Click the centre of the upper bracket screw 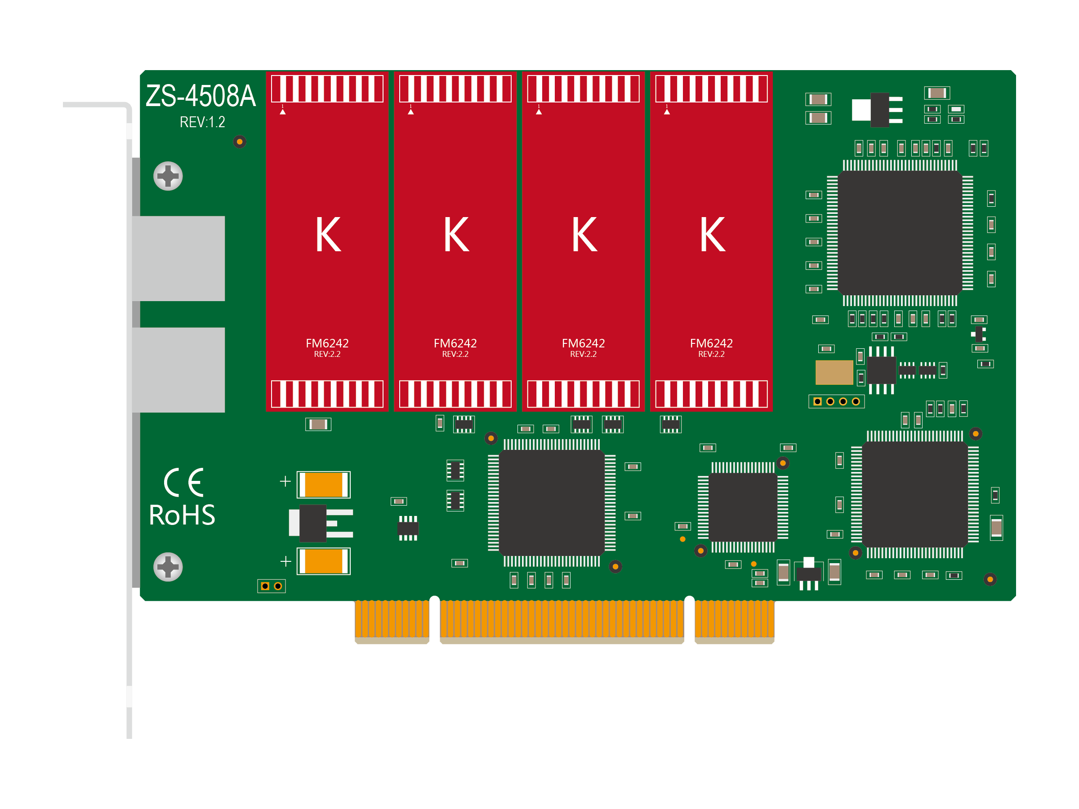(x=168, y=176)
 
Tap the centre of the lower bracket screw (x=168, y=567)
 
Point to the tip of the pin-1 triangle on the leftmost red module (x=282, y=109)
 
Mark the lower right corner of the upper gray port (x=225, y=301)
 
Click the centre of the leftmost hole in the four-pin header (x=817, y=401)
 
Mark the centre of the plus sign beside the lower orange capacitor (x=286, y=561)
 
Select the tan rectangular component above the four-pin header (x=834, y=373)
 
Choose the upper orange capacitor (x=323, y=485)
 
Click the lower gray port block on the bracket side (x=178, y=369)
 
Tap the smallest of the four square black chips (x=742, y=507)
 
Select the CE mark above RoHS (x=183, y=482)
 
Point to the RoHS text (x=182, y=515)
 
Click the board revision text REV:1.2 (x=202, y=122)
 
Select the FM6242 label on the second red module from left (x=455, y=343)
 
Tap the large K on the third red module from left (x=584, y=235)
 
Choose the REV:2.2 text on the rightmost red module (x=711, y=355)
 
